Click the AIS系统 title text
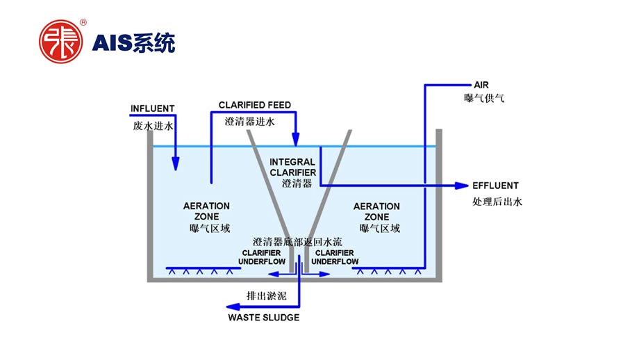click(134, 42)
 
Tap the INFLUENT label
click(153, 109)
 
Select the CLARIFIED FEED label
click(255, 105)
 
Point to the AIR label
click(481, 85)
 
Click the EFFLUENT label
click(495, 186)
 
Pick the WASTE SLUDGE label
click(264, 318)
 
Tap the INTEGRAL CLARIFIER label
click(292, 167)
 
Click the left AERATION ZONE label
click(206, 211)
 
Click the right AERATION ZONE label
click(376, 211)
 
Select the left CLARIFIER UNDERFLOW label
click(261, 257)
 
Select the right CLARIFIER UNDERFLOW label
click(335, 257)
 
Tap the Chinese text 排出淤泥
click(266, 295)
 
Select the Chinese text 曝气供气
click(484, 99)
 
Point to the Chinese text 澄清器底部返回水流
click(298, 242)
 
